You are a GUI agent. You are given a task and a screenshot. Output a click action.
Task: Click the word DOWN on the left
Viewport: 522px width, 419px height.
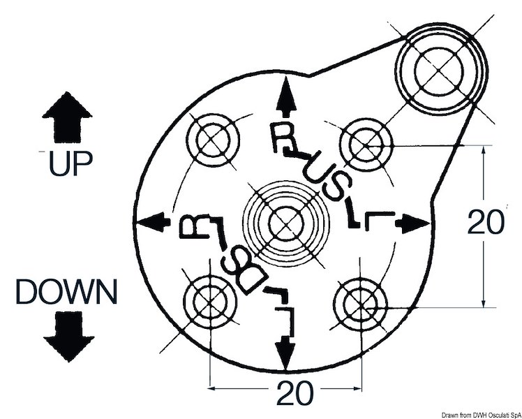67,291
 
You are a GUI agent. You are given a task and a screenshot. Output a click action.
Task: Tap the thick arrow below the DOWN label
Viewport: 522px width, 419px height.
68,336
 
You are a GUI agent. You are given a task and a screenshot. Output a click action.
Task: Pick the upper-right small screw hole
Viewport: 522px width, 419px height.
362,142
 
